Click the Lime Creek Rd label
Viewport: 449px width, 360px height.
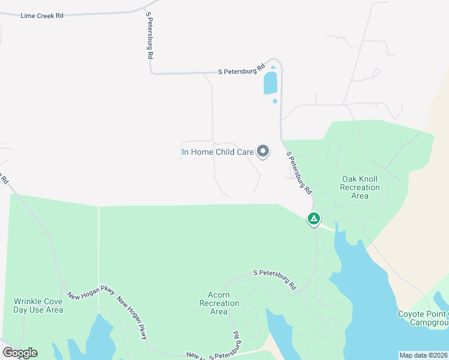42,16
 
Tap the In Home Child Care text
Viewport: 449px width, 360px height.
218,152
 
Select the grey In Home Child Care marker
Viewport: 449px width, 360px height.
263,152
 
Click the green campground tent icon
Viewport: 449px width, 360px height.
313,219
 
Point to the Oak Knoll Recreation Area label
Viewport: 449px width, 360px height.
360,187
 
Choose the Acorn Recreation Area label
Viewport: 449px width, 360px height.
219,303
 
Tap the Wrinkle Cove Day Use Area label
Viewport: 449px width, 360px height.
38,305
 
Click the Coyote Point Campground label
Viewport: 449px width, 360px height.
423,318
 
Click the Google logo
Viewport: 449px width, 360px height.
20,353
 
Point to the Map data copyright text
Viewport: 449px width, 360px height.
423,355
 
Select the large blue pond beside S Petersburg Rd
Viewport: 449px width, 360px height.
271,83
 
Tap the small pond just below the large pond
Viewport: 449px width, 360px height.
275,101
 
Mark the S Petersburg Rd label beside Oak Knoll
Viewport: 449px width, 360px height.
299,172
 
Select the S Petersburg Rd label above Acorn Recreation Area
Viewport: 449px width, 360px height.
275,280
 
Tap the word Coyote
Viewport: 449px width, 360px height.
412,314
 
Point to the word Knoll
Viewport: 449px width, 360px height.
370,179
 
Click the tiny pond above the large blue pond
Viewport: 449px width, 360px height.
273,67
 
